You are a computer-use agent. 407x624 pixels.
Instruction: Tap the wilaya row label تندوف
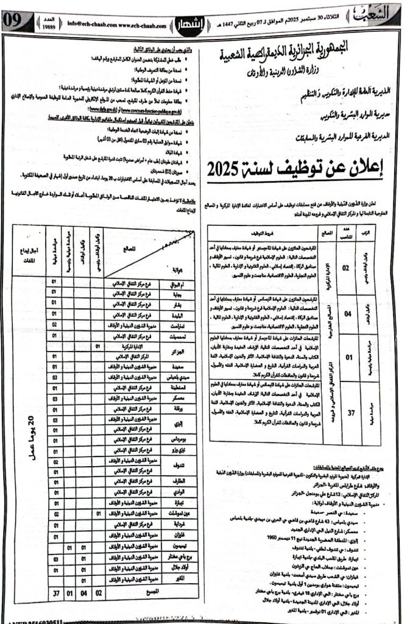(169, 448)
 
